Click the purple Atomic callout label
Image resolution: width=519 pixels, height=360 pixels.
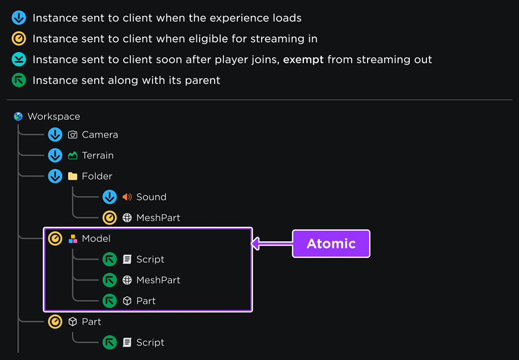point(331,244)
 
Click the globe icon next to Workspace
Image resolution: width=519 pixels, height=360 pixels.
point(18,116)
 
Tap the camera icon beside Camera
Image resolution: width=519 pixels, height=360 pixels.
point(73,135)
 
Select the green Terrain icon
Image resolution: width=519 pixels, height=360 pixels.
point(73,155)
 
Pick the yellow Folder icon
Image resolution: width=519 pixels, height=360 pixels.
point(73,176)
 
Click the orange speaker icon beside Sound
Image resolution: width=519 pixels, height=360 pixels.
point(127,197)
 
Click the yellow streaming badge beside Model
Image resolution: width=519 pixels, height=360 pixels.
point(55,239)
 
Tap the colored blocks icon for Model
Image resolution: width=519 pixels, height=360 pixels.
point(73,239)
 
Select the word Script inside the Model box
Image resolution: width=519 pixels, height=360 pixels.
point(150,259)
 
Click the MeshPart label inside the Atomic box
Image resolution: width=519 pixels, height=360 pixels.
point(158,280)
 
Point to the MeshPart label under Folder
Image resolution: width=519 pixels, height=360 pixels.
point(158,217)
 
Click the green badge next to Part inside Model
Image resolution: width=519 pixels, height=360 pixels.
point(110,301)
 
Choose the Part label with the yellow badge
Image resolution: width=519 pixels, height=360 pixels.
point(91,322)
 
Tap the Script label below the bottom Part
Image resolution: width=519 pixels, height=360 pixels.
point(150,342)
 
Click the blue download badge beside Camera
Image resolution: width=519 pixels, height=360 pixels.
point(55,135)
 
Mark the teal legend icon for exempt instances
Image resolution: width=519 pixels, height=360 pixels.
point(19,59)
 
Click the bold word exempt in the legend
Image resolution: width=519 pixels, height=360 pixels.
point(303,59)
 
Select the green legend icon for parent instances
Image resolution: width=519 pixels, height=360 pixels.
point(19,80)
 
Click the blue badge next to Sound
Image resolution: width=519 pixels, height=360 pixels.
point(110,197)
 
